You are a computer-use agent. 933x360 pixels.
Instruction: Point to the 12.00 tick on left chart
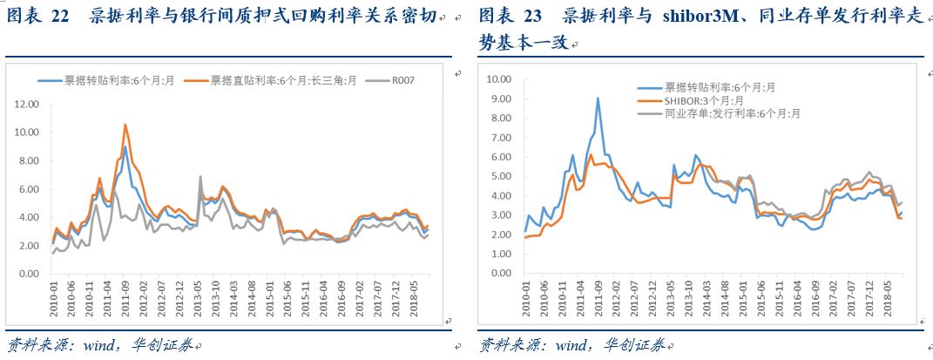pyautogui.click(x=28, y=104)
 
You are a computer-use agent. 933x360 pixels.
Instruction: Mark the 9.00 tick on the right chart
pyautogui.click(x=499, y=98)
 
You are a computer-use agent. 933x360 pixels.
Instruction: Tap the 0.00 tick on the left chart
pyautogui.click(x=30, y=274)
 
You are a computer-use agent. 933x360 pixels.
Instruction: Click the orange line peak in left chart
pyautogui.click(x=125, y=125)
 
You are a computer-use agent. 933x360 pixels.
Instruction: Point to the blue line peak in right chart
pyautogui.click(x=598, y=98)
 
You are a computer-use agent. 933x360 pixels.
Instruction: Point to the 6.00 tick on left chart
pyautogui.click(x=30, y=189)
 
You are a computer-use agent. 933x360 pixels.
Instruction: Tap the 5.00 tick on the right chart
pyautogui.click(x=499, y=175)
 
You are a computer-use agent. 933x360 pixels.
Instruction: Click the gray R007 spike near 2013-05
pyautogui.click(x=200, y=176)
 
